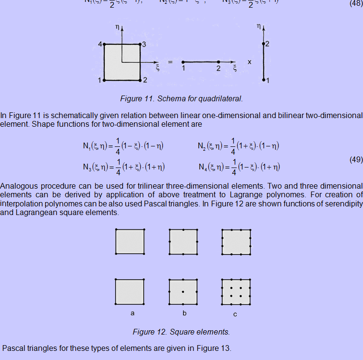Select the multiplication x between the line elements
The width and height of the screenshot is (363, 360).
249,62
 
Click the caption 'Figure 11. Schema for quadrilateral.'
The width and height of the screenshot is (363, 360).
181,99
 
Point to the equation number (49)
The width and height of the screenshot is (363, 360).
355,160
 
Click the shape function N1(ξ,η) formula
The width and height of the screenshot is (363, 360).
123,146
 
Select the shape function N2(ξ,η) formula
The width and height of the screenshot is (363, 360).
239,146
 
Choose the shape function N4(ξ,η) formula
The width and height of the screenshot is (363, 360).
239,167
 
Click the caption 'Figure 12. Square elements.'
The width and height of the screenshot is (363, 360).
181,332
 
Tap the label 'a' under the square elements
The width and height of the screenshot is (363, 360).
132,313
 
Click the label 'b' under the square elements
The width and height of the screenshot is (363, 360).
184,313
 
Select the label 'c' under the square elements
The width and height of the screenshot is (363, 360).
235,314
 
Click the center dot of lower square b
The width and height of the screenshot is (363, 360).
183,292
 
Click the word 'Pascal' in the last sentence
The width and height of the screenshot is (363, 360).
14,348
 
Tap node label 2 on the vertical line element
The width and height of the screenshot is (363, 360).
267,44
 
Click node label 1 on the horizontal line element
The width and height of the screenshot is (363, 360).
183,69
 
